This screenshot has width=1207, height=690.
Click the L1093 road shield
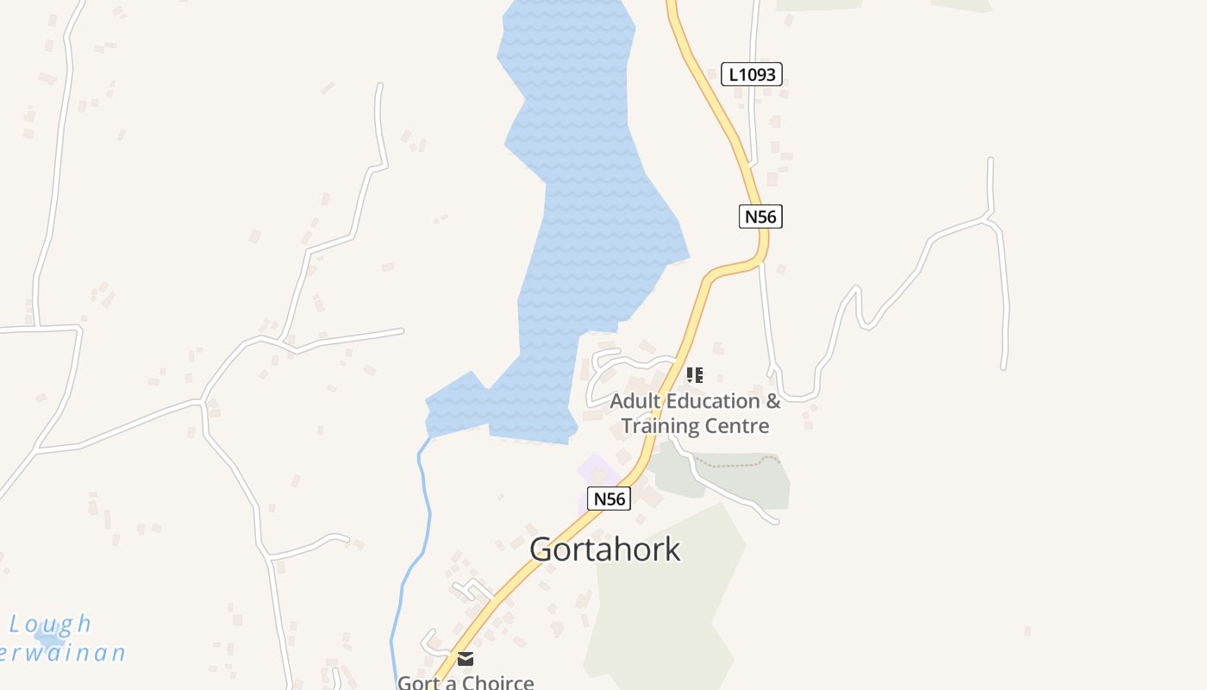[x=751, y=74]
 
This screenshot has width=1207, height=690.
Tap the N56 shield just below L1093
[x=760, y=216]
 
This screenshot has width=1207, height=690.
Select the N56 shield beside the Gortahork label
[x=610, y=498]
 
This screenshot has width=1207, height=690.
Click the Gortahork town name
[x=605, y=549]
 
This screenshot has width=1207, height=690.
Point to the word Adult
[x=639, y=401]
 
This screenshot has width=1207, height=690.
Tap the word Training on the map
[x=660, y=425]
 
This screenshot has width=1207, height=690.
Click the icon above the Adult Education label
[x=694, y=374]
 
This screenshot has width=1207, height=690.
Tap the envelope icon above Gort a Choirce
[x=466, y=659]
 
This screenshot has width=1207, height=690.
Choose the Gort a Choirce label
[x=466, y=682]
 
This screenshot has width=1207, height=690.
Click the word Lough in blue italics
[x=50, y=624]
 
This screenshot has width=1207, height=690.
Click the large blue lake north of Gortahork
[x=586, y=216]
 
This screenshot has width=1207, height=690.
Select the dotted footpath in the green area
[x=733, y=465]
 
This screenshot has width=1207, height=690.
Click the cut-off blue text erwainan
[x=65, y=653]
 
